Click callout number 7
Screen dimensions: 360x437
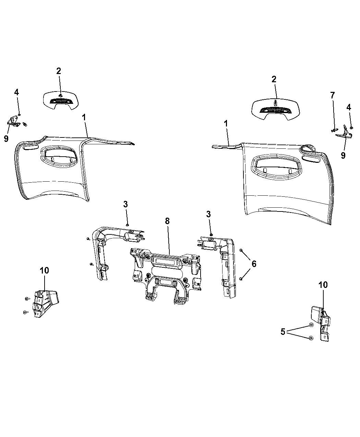click(332, 95)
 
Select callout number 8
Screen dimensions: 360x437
click(167, 221)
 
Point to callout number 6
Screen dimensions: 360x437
click(254, 264)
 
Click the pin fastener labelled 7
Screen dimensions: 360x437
click(335, 130)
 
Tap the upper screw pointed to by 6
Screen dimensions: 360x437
click(241, 250)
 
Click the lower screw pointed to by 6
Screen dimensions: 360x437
click(241, 279)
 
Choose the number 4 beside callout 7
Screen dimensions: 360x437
click(348, 107)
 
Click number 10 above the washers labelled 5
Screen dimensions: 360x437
click(323, 284)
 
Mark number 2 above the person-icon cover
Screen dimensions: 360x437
click(274, 79)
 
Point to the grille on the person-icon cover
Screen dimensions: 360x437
click(275, 110)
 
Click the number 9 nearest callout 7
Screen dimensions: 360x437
click(343, 156)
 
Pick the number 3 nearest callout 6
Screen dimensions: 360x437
click(208, 214)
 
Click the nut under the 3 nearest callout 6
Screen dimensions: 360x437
click(211, 235)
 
